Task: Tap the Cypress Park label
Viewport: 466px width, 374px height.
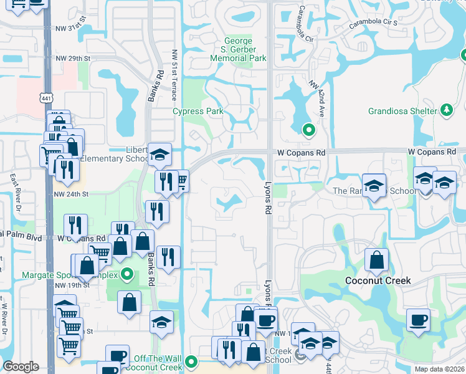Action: click(x=198, y=112)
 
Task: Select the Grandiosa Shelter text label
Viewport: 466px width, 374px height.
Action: click(x=402, y=111)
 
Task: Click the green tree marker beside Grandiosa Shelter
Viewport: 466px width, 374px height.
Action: click(x=446, y=110)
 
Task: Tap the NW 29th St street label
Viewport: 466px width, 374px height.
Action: click(x=73, y=58)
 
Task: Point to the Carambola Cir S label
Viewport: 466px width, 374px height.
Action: click(x=373, y=22)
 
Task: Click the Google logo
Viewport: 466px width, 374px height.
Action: click(x=21, y=367)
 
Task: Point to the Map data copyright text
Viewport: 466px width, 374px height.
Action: click(x=439, y=369)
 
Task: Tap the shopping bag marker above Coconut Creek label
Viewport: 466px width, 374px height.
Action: click(x=377, y=259)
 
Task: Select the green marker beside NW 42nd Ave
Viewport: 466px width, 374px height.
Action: click(x=308, y=130)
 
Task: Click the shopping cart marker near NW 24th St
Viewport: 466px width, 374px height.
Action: click(x=181, y=181)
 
